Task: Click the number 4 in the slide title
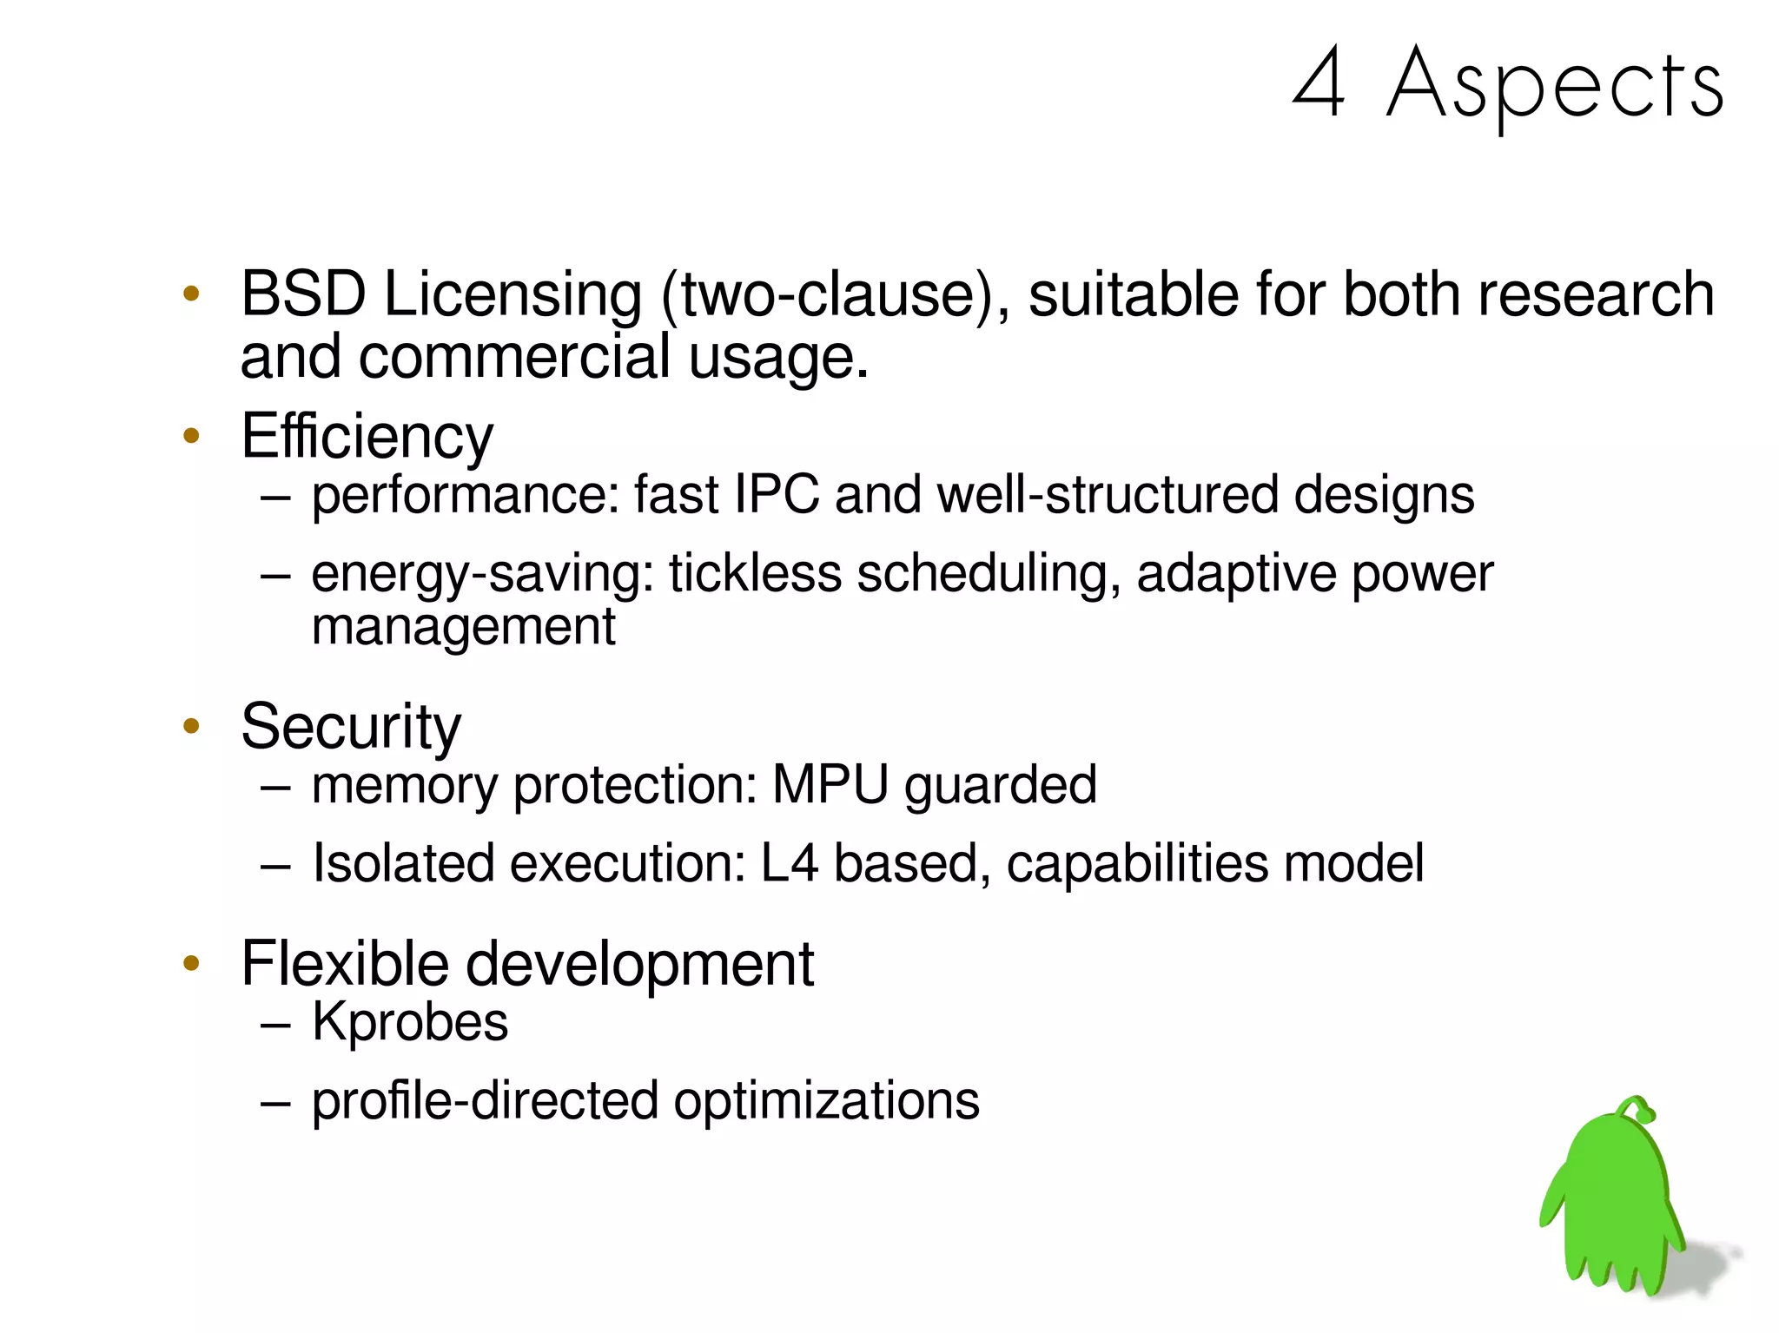(1319, 82)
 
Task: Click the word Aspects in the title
(1555, 85)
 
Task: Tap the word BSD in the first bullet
(303, 294)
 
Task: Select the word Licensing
(513, 295)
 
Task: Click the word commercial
(515, 356)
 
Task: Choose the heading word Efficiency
(367, 436)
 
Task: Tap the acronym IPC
(777, 495)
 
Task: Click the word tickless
(755, 573)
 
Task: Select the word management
(463, 627)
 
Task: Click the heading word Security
(351, 726)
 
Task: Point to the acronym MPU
(830, 785)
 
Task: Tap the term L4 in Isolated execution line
(789, 863)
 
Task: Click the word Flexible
(345, 964)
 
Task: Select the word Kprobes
(410, 1022)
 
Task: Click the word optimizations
(826, 1100)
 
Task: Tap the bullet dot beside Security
(192, 726)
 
